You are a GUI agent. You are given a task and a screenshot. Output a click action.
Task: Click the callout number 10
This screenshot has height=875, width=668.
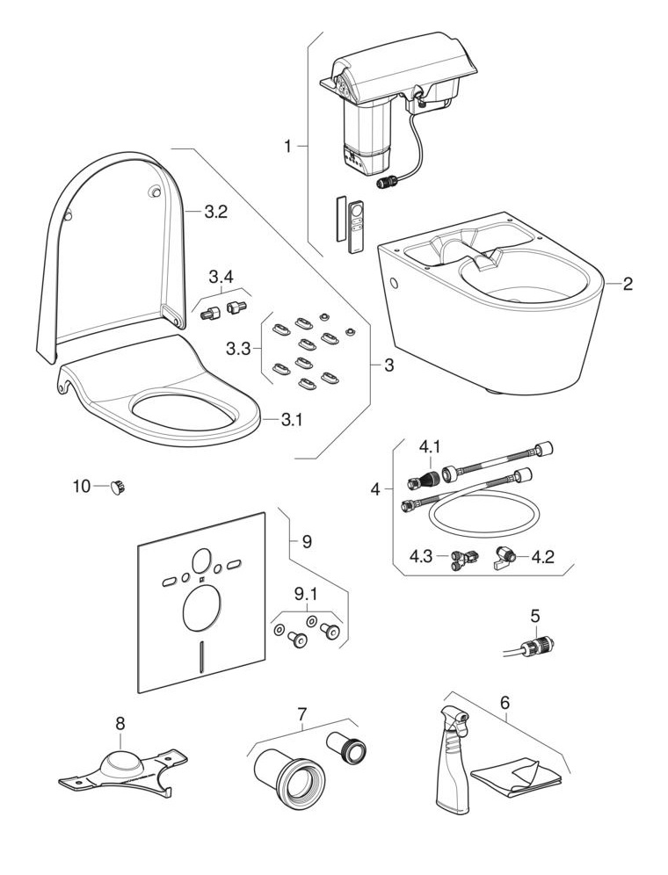coord(81,486)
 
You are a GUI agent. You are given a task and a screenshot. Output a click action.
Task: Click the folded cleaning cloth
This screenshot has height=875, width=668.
coord(515,772)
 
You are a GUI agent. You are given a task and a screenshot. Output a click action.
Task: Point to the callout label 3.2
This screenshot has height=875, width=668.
coord(216,212)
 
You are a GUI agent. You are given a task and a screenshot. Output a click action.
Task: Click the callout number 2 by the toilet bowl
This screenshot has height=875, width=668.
coord(628,284)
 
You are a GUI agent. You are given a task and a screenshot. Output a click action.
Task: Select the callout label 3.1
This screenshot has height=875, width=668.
coord(291,420)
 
